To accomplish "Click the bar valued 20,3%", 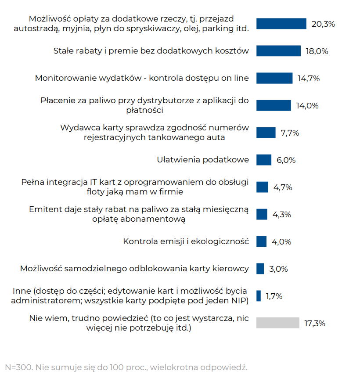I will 281,24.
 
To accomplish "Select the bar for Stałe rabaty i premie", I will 278,51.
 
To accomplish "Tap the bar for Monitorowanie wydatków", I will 274,78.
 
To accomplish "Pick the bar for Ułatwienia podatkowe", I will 264,160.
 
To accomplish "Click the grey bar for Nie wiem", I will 277,323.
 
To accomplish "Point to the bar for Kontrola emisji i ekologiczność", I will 261,241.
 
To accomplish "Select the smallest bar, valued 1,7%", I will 259,296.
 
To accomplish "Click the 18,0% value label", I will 317,51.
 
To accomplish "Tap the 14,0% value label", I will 307,106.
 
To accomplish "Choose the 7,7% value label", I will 290,133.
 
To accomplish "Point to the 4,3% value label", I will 282,215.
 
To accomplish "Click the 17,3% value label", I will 314,324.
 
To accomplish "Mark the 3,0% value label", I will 278,269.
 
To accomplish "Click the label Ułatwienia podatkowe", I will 203,160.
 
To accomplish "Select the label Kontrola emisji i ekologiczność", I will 186,241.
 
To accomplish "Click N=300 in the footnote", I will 17,367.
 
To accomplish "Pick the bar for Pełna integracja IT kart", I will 262,187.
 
